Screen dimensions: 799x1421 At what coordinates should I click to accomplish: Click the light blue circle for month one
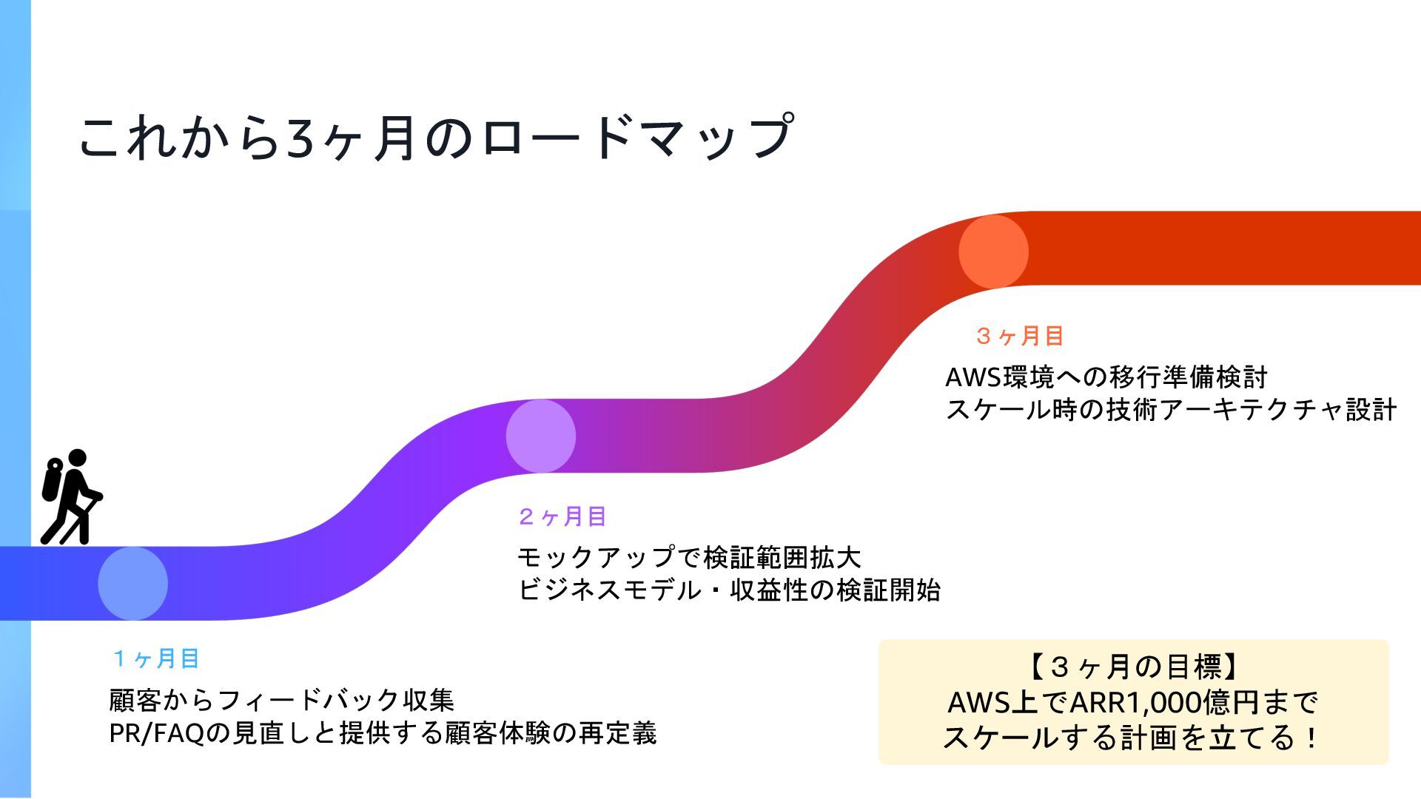(x=133, y=583)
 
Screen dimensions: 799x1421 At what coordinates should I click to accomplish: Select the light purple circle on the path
(x=541, y=436)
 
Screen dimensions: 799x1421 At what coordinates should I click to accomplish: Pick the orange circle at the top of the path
(x=993, y=251)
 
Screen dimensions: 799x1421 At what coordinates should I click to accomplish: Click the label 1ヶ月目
(x=156, y=658)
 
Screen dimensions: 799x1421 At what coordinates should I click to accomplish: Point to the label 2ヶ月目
(x=562, y=516)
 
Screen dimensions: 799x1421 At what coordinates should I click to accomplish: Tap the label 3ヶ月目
(x=1020, y=336)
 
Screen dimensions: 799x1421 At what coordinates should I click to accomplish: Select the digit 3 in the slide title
(x=301, y=139)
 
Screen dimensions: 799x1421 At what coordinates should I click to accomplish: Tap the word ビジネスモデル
(x=599, y=590)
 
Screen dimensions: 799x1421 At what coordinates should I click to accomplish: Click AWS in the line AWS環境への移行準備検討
(x=972, y=377)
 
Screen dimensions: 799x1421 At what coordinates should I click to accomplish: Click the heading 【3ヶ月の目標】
(x=1132, y=667)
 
